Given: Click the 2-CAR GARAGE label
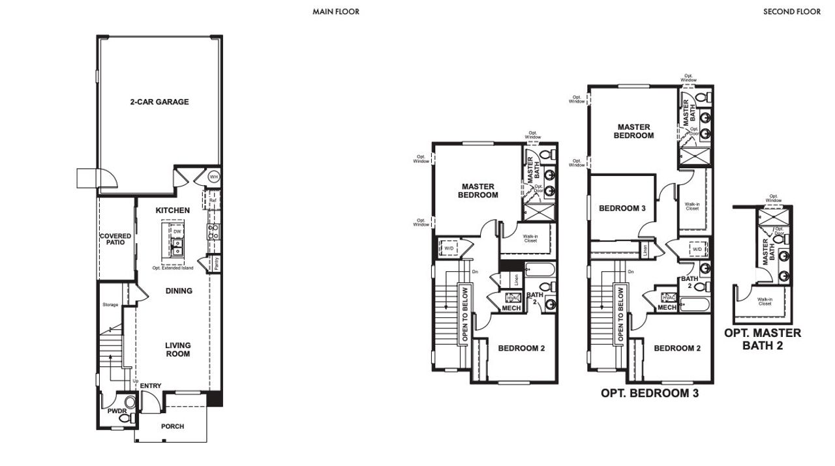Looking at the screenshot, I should pyautogui.click(x=159, y=102).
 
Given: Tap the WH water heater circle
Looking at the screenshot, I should pyautogui.click(x=213, y=177).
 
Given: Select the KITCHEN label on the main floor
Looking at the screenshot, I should pyautogui.click(x=173, y=211).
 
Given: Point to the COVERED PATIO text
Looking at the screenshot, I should pyautogui.click(x=115, y=239).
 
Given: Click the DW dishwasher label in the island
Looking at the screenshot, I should pyautogui.click(x=177, y=231).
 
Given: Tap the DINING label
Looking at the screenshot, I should pyautogui.click(x=178, y=291).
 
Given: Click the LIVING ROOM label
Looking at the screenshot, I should pyautogui.click(x=177, y=349).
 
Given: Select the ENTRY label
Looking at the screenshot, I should pyautogui.click(x=150, y=386).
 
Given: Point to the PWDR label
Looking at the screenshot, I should pyautogui.click(x=117, y=411).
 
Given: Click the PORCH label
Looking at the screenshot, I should pyautogui.click(x=172, y=426).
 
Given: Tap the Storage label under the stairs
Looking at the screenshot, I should pyautogui.click(x=110, y=304).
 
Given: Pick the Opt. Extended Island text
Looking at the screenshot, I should pyautogui.click(x=172, y=268).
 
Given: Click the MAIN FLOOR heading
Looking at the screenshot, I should pyautogui.click(x=336, y=12).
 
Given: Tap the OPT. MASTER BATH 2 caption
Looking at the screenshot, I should pyautogui.click(x=763, y=339).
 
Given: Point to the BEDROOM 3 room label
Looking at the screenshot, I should pyautogui.click(x=622, y=209).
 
